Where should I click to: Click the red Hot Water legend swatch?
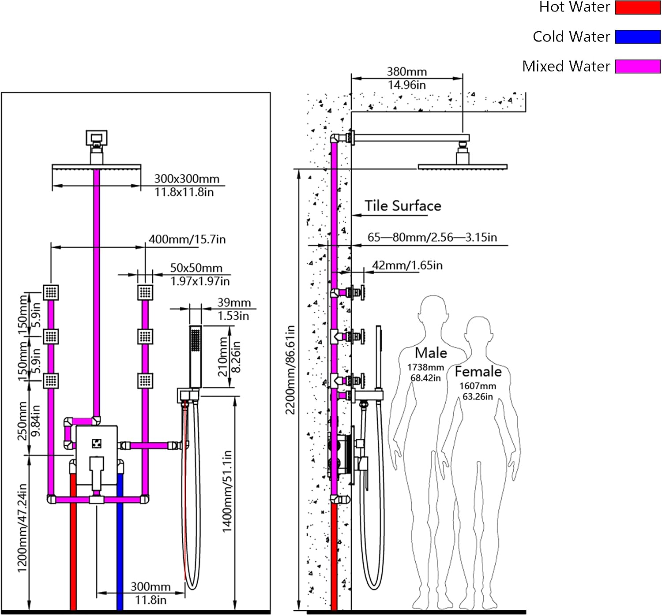tap(637, 7)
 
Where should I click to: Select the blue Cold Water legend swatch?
tap(637, 37)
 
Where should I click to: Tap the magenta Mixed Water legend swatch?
tap(637, 66)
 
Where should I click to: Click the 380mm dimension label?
tap(406, 71)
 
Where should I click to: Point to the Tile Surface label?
tap(402, 206)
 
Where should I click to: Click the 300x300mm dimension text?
tap(187, 179)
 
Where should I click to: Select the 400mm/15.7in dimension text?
tap(187, 239)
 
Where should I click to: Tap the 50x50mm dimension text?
tap(196, 268)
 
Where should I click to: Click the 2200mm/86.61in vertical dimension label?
tap(290, 370)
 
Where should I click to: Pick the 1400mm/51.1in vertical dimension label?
tap(227, 491)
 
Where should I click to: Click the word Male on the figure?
tap(431, 353)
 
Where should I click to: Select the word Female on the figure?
tap(478, 371)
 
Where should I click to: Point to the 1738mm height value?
tap(425, 367)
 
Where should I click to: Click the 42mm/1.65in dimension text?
tap(407, 265)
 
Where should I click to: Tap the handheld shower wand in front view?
tap(196, 356)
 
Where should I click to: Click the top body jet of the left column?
tap(51, 292)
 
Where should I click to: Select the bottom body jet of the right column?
tap(145, 381)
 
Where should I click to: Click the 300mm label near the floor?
tap(150, 587)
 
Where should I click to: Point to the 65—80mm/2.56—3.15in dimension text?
tap(432, 237)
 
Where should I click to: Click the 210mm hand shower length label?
tap(223, 356)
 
